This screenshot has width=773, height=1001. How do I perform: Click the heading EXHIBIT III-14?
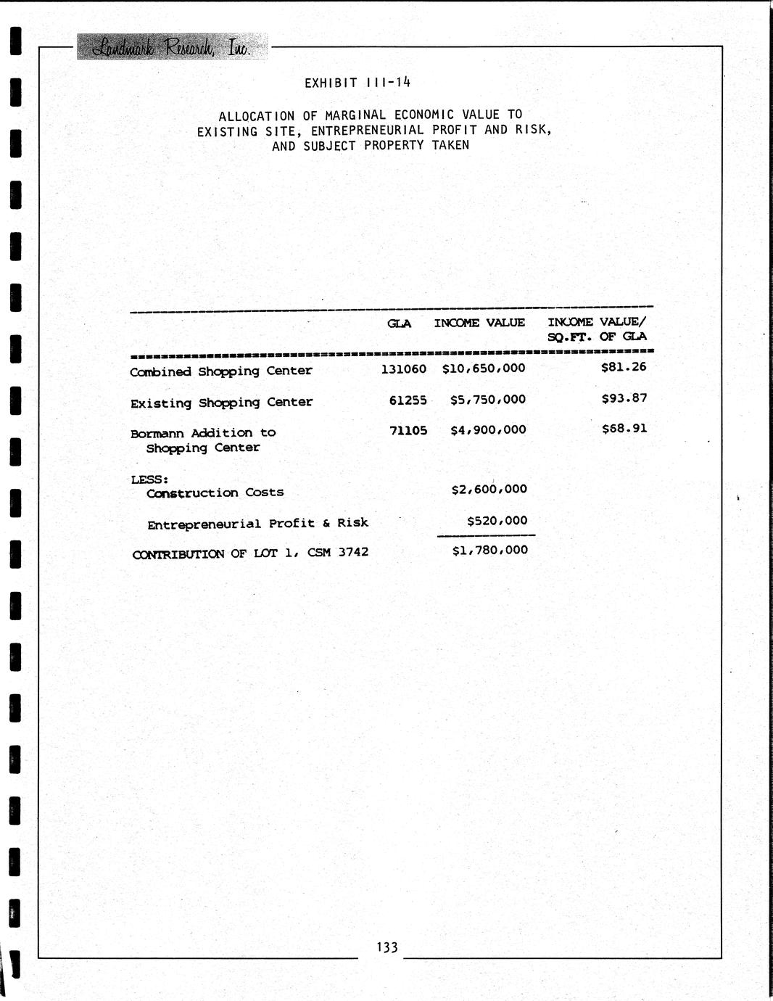(x=357, y=82)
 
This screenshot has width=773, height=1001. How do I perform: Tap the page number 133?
(x=386, y=947)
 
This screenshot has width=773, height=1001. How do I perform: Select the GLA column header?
(x=399, y=324)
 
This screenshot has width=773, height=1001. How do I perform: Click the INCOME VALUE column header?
(x=479, y=323)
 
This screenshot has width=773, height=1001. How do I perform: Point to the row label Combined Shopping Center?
(x=221, y=371)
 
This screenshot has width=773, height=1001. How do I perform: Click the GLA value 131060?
(x=404, y=368)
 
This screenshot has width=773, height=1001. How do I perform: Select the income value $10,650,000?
(x=484, y=368)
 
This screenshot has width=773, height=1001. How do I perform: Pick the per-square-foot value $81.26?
(x=624, y=367)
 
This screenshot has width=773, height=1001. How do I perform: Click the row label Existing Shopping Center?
(x=221, y=403)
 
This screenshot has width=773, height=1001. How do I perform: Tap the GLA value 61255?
(x=408, y=400)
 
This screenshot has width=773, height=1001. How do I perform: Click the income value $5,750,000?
(x=487, y=400)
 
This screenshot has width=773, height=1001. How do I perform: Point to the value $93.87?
(x=624, y=398)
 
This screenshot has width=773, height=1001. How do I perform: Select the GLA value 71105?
(x=408, y=430)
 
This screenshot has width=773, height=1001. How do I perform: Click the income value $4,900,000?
(x=487, y=430)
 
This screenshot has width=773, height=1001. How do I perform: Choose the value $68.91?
(x=624, y=429)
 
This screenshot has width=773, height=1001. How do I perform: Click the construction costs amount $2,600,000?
(x=489, y=490)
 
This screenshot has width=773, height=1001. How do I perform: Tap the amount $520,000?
(x=497, y=521)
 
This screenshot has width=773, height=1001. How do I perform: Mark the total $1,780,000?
(x=489, y=551)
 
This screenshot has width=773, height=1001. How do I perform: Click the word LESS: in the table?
(x=149, y=479)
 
